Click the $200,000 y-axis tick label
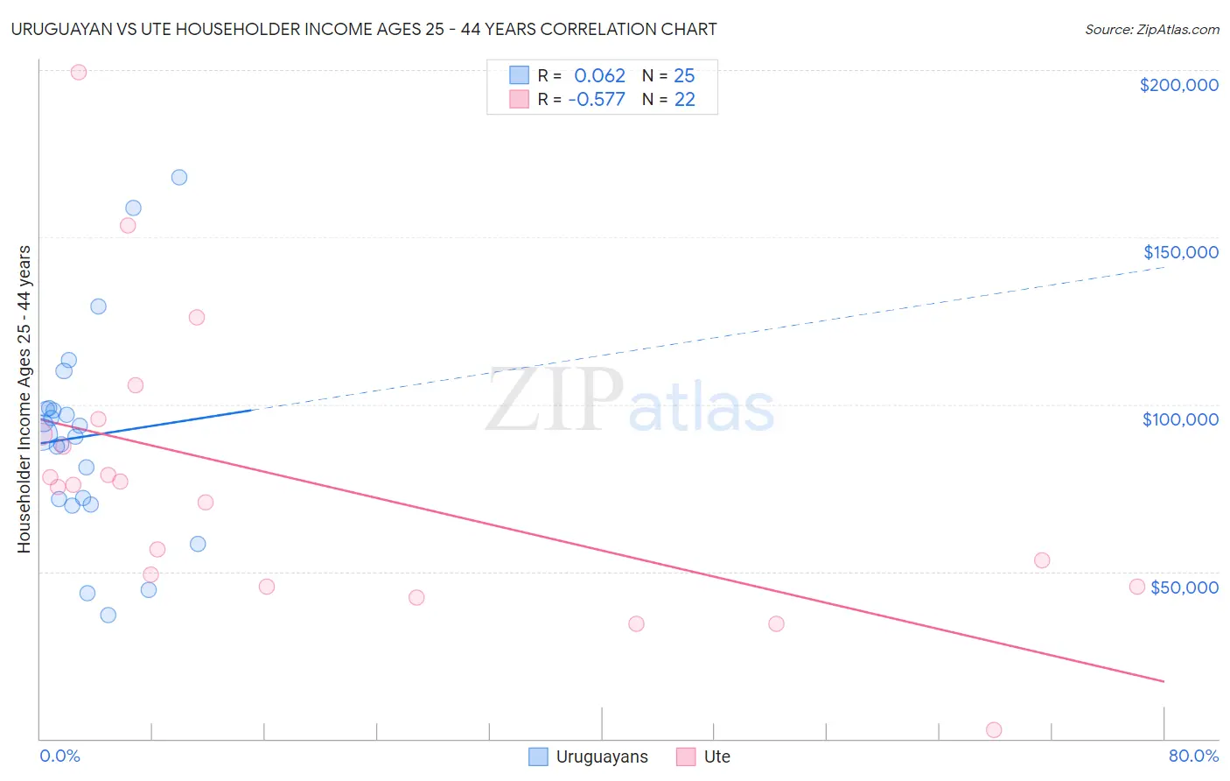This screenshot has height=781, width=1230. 1178,85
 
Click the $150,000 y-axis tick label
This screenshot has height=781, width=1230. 1180,252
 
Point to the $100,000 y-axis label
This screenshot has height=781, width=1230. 1180,419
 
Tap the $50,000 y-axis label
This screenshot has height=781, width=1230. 1184,587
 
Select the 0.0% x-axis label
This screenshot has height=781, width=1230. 60,756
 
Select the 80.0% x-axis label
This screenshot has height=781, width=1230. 1192,756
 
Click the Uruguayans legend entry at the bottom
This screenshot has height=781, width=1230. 589,756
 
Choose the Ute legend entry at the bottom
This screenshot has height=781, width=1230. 703,756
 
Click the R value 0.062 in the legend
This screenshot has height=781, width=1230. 599,76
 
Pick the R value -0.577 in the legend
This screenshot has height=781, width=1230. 597,100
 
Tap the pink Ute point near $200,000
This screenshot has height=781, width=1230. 79,73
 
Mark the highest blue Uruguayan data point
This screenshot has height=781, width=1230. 179,177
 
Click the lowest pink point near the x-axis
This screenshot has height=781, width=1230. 994,730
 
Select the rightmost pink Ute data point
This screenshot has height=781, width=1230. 1137,587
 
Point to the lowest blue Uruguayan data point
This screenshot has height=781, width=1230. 108,615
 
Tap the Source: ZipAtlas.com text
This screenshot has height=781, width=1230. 1151,30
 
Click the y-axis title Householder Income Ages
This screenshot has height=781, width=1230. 24,398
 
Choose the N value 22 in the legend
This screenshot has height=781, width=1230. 684,100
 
